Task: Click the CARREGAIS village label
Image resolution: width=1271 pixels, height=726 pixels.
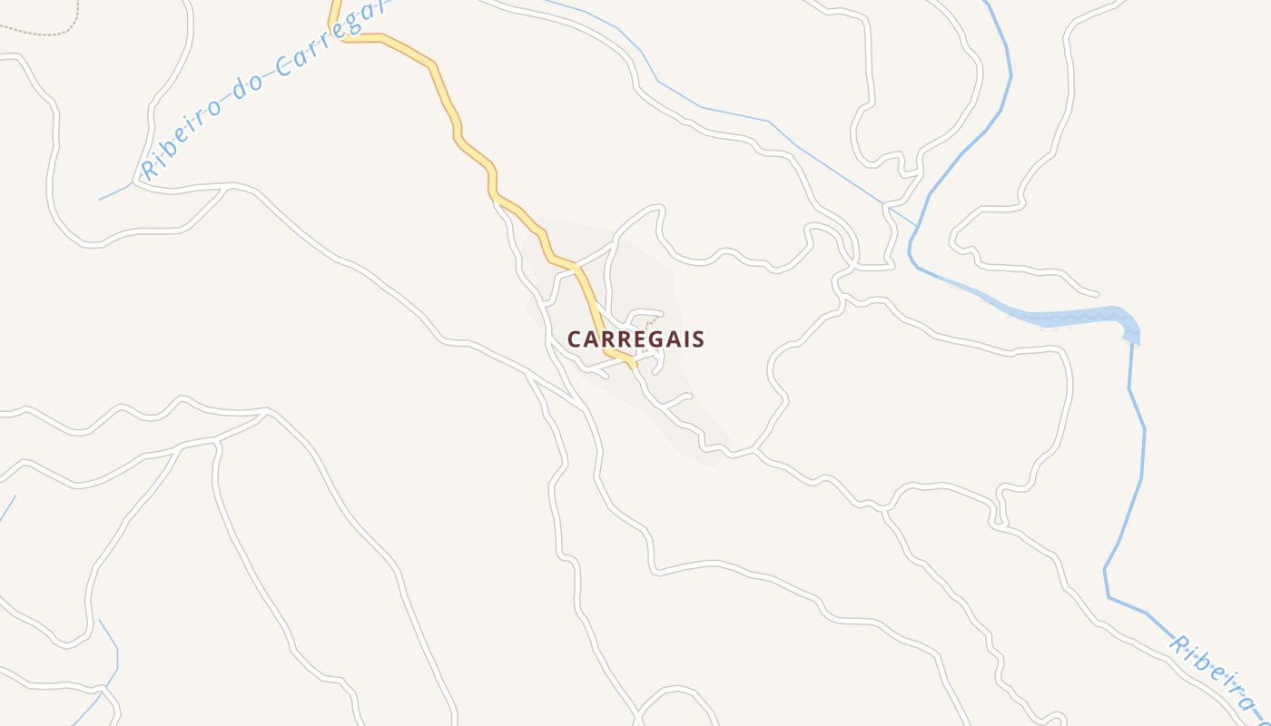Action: [x=635, y=339]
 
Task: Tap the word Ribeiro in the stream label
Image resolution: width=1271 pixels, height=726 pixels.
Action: [x=182, y=137]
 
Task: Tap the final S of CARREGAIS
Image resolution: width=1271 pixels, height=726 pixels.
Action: [x=697, y=339]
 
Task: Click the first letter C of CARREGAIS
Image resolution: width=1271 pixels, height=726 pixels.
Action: [x=574, y=339]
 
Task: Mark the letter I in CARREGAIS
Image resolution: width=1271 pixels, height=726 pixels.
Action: [x=683, y=339]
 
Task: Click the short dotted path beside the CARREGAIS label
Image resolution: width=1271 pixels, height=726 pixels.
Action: [x=650, y=322]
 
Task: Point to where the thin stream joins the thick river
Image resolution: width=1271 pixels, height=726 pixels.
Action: [x=916, y=223]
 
